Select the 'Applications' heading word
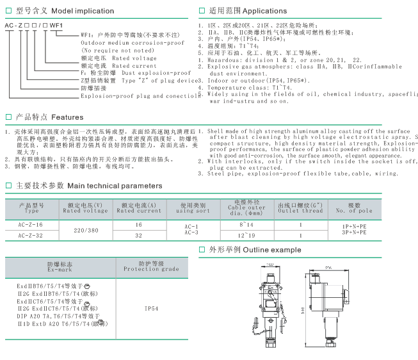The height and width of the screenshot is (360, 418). tap(265, 10)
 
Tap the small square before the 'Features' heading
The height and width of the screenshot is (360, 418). tap(8, 118)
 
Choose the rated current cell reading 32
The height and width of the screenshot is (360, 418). tap(139, 236)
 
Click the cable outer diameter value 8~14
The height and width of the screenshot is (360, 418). tap(246, 225)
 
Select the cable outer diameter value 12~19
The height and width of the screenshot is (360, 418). tap(246, 236)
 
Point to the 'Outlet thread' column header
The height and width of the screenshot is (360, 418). tap(300, 210)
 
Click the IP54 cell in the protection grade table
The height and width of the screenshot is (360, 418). tap(152, 308)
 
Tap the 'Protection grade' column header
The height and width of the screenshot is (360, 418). tap(151, 269)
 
